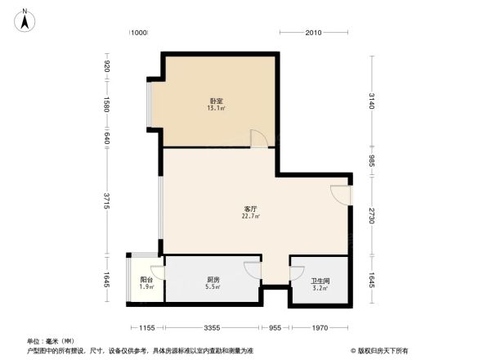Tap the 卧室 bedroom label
pyautogui.click(x=216, y=101)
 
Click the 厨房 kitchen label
pyautogui.click(x=212, y=280)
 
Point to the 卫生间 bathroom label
pyautogui.click(x=320, y=280)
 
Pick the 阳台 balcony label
pyautogui.click(x=145, y=280)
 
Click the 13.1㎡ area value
pyautogui.click(x=216, y=108)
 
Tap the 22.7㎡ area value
pyautogui.click(x=250, y=216)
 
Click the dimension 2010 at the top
pyautogui.click(x=313, y=33)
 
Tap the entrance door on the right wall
pyautogui.click(x=342, y=196)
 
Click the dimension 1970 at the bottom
pyautogui.click(x=320, y=328)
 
